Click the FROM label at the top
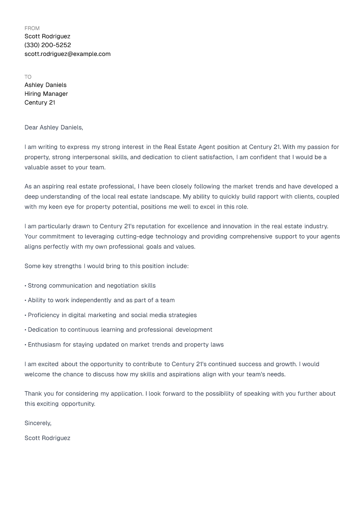point(32,28)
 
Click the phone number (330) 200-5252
point(47,45)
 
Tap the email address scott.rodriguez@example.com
point(67,54)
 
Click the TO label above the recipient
point(28,77)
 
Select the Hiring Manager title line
point(46,94)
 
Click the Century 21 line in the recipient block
point(40,103)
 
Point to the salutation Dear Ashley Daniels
point(54,128)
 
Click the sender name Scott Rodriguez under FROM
point(47,36)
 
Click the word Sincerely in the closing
point(38,423)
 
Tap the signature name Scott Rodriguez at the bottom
point(47,438)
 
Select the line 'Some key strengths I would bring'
point(106,266)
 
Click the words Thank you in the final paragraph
point(38,394)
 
